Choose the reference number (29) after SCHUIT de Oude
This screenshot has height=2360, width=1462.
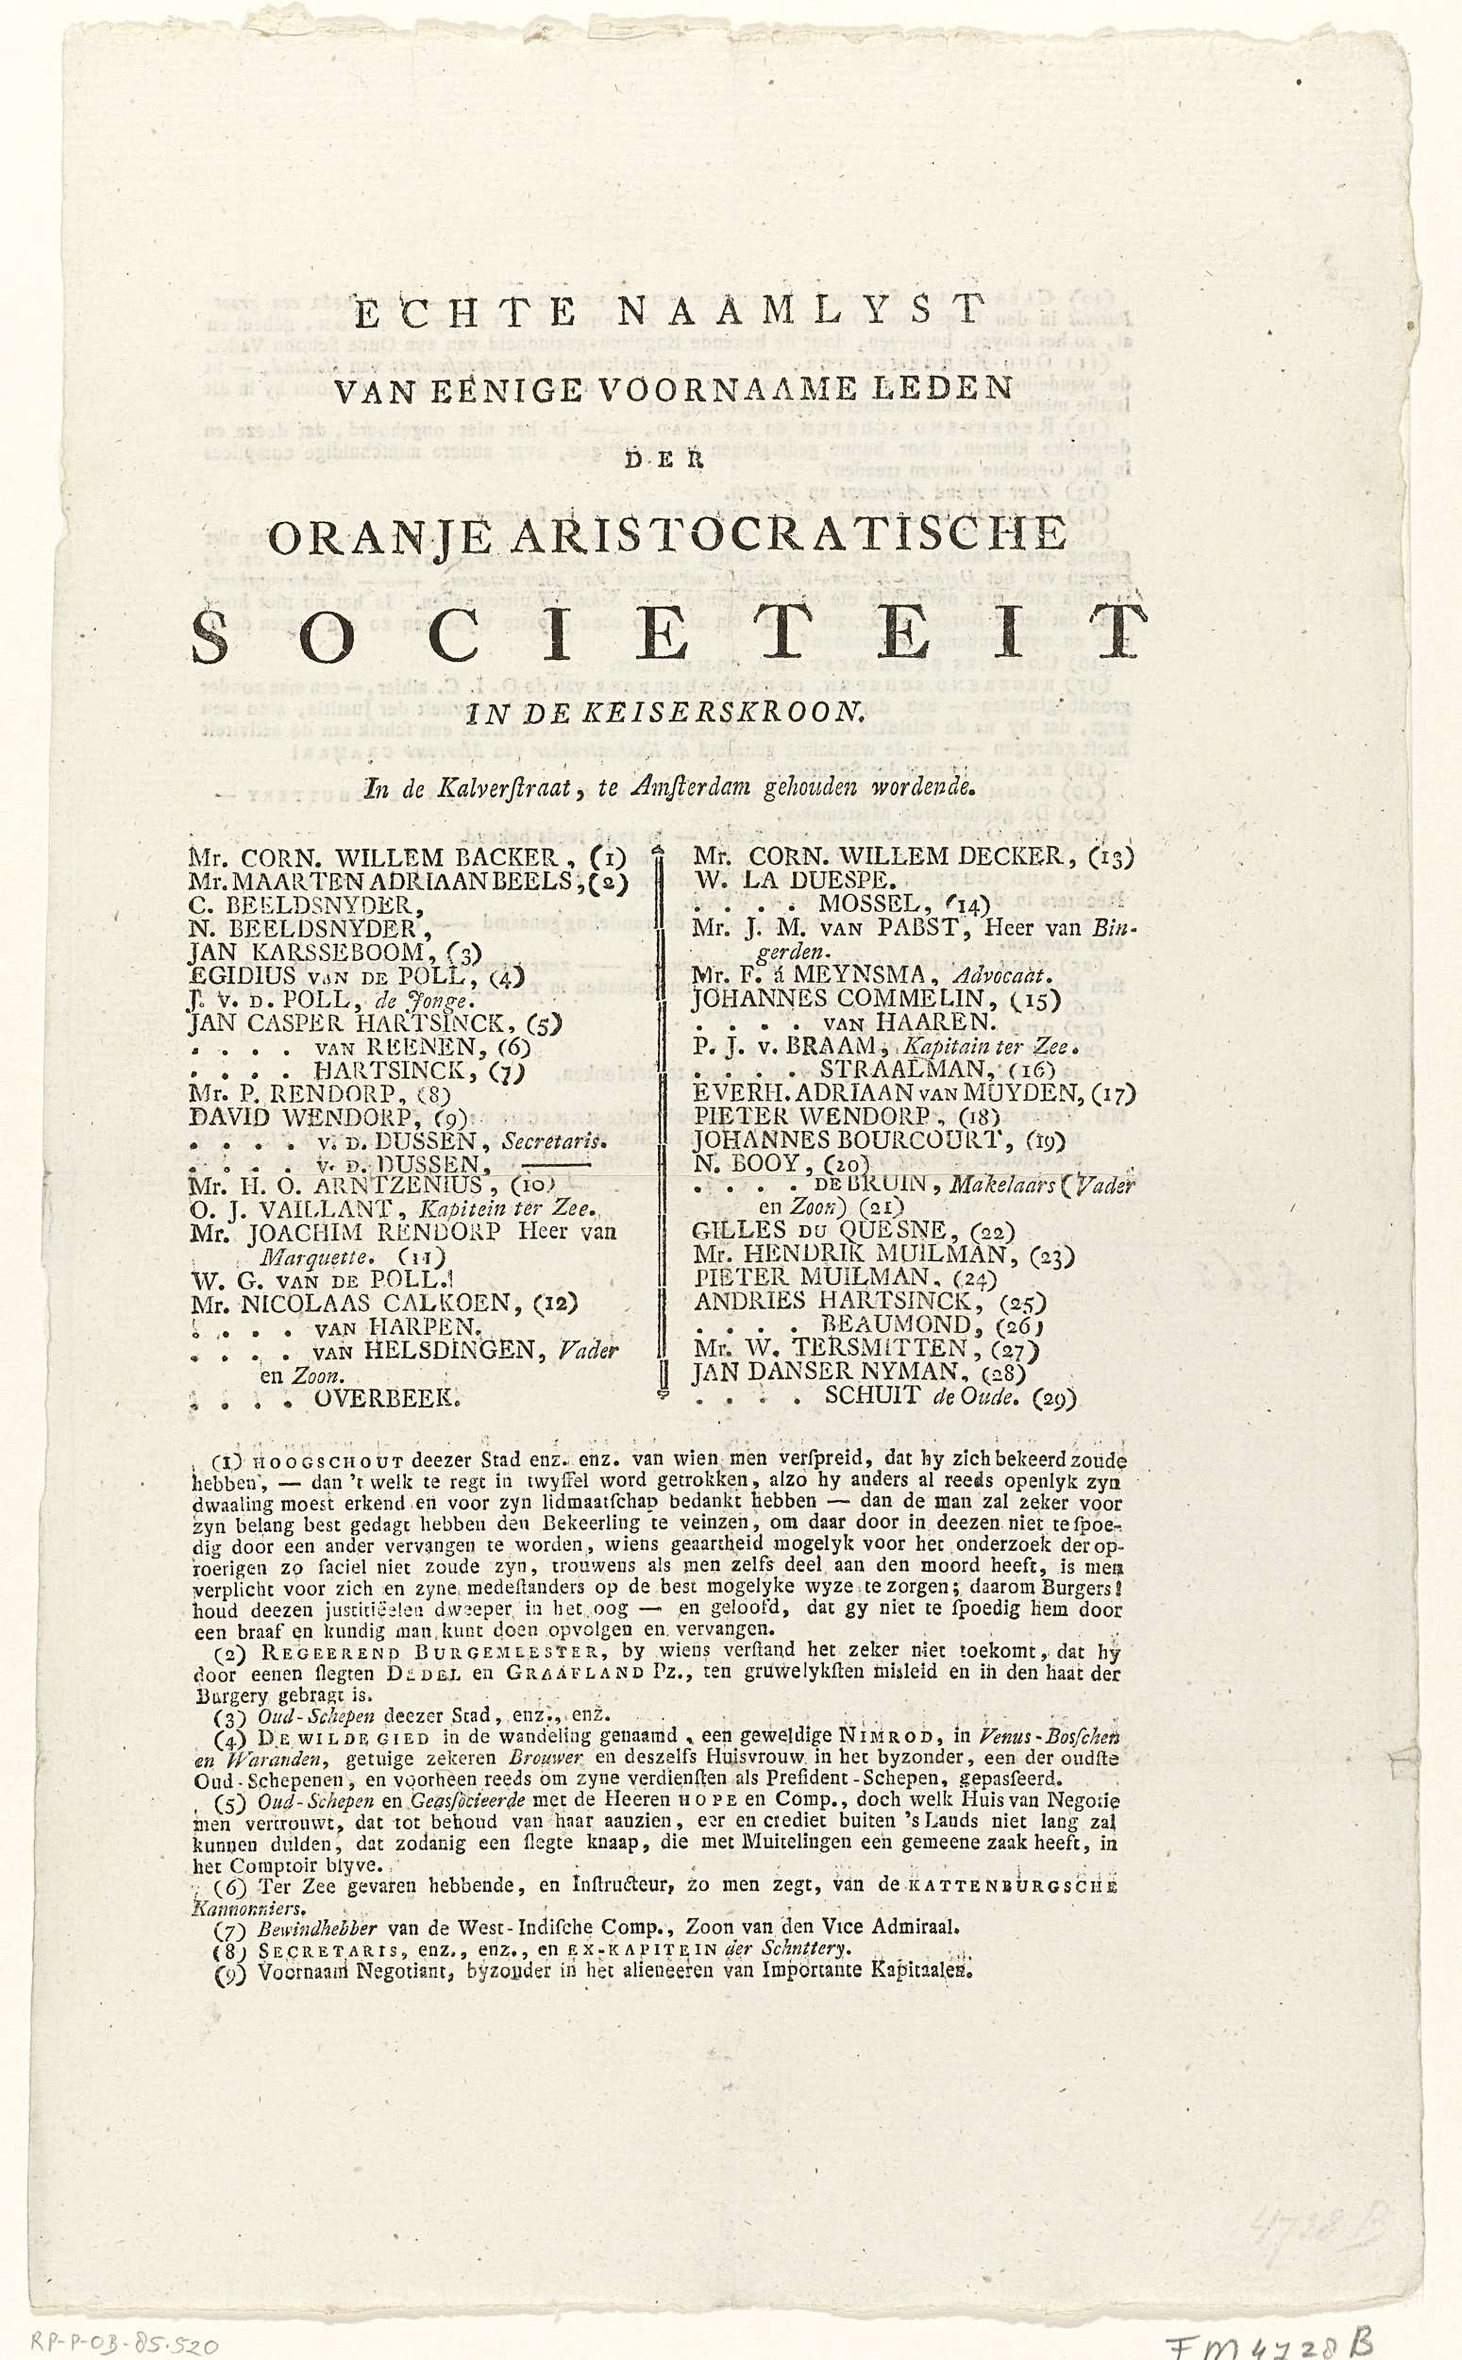click(1053, 1398)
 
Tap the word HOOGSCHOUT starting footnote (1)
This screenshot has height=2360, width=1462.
click(291, 1459)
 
